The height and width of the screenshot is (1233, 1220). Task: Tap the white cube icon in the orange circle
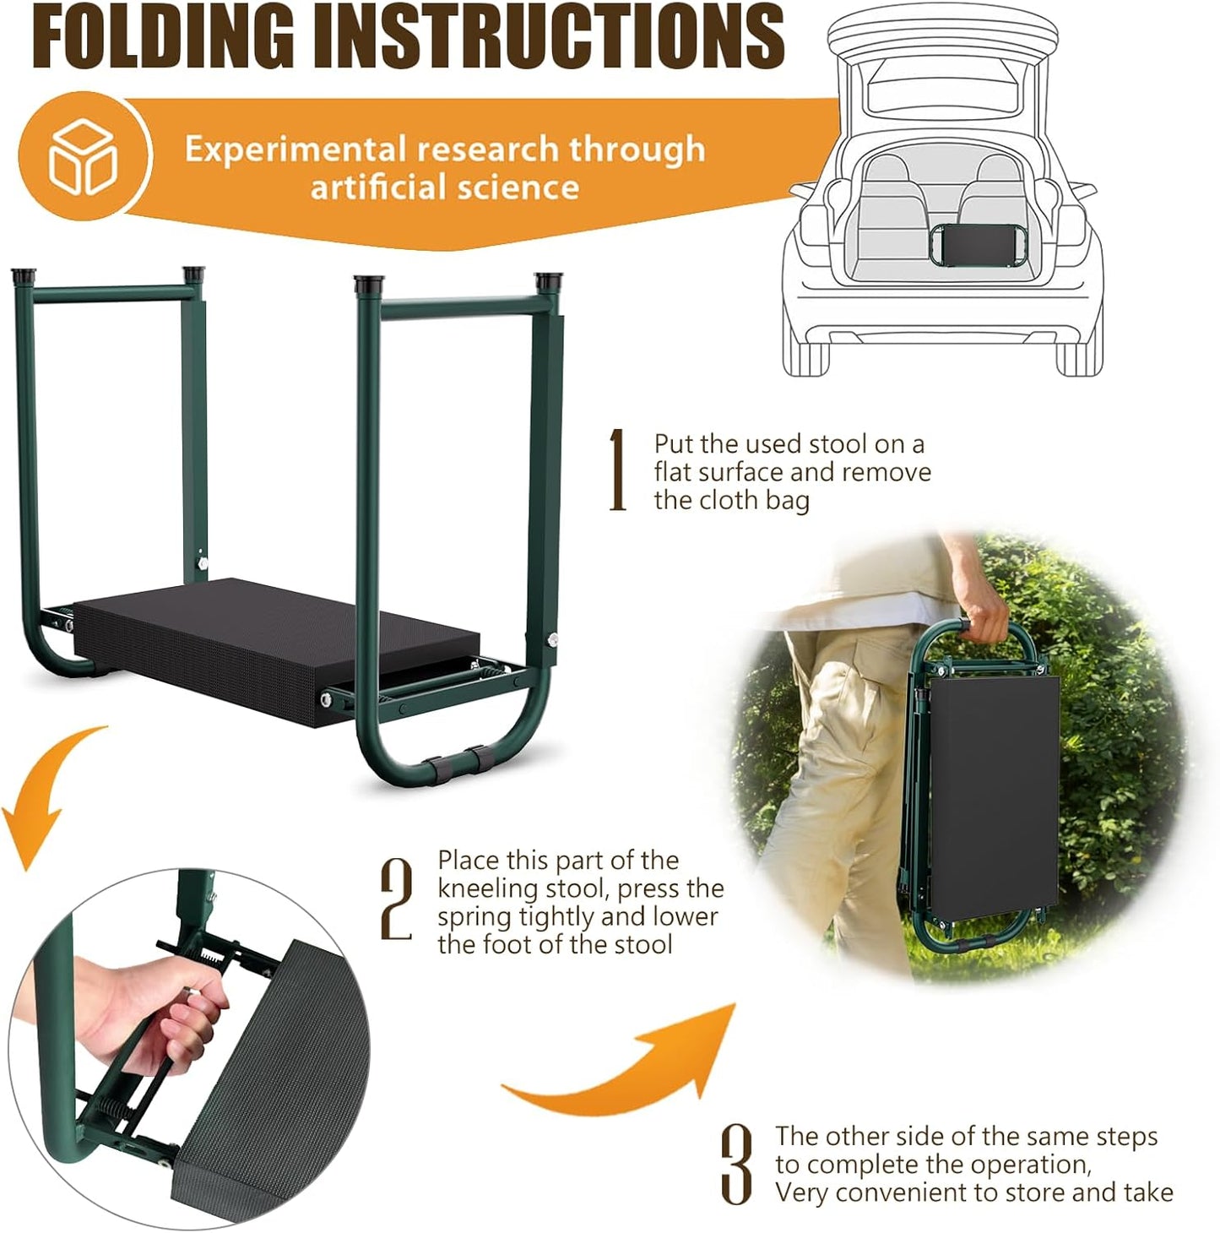click(x=83, y=157)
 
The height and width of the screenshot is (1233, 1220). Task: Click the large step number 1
click(x=618, y=470)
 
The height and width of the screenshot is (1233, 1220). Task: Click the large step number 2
click(x=397, y=900)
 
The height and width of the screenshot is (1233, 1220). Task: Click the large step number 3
click(x=736, y=1165)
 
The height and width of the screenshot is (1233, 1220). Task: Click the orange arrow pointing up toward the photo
click(x=642, y=1064)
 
